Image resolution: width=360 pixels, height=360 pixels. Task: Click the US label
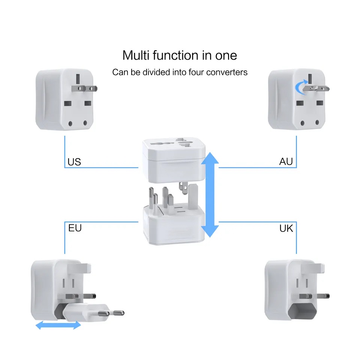point(74,162)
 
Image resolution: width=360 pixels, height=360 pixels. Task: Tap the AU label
point(286,161)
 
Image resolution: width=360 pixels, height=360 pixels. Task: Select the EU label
point(75,228)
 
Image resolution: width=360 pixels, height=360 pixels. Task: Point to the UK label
point(286,228)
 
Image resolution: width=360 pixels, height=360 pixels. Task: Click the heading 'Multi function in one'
point(180,55)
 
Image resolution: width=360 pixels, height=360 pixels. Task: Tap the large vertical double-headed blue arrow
point(210,195)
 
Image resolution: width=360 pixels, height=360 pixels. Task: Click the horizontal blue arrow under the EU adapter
point(58,325)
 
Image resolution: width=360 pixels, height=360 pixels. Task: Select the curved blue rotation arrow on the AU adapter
point(300,87)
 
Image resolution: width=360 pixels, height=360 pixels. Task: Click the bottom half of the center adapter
point(174,225)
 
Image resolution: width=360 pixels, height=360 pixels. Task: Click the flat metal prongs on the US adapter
point(84,88)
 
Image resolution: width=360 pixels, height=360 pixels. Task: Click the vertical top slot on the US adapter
point(78,79)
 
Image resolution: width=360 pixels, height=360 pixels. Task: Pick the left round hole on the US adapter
point(70,124)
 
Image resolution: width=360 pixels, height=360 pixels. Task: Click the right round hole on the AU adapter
point(317,122)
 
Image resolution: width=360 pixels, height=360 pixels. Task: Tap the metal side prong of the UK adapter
point(314,296)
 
